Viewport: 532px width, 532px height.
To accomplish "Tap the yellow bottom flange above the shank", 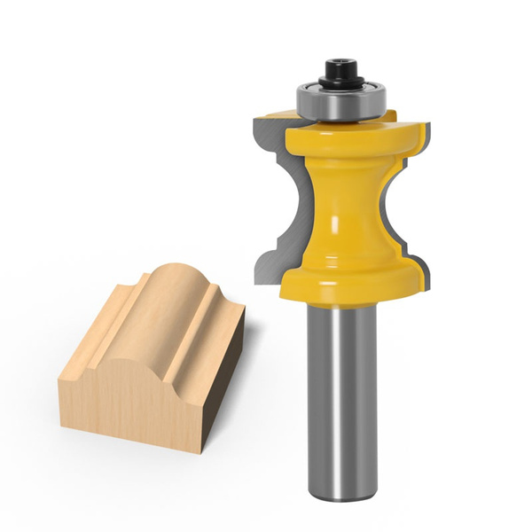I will (x=350, y=279).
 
